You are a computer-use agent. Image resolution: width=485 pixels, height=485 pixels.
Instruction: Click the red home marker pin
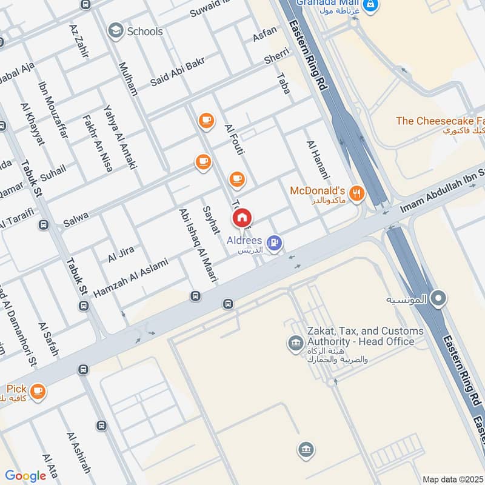(242, 218)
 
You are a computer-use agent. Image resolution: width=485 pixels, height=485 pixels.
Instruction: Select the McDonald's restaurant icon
(358, 194)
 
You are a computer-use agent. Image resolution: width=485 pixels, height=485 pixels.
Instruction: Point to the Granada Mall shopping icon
(372, 7)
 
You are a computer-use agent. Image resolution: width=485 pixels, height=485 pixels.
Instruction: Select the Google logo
(25, 476)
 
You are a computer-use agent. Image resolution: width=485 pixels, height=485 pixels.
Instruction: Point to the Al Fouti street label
(233, 140)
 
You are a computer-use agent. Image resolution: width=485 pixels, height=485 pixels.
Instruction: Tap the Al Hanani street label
(317, 159)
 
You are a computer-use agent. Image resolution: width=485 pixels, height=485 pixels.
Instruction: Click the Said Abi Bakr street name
(178, 71)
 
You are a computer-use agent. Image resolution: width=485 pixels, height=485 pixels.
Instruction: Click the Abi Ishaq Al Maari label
(198, 245)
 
